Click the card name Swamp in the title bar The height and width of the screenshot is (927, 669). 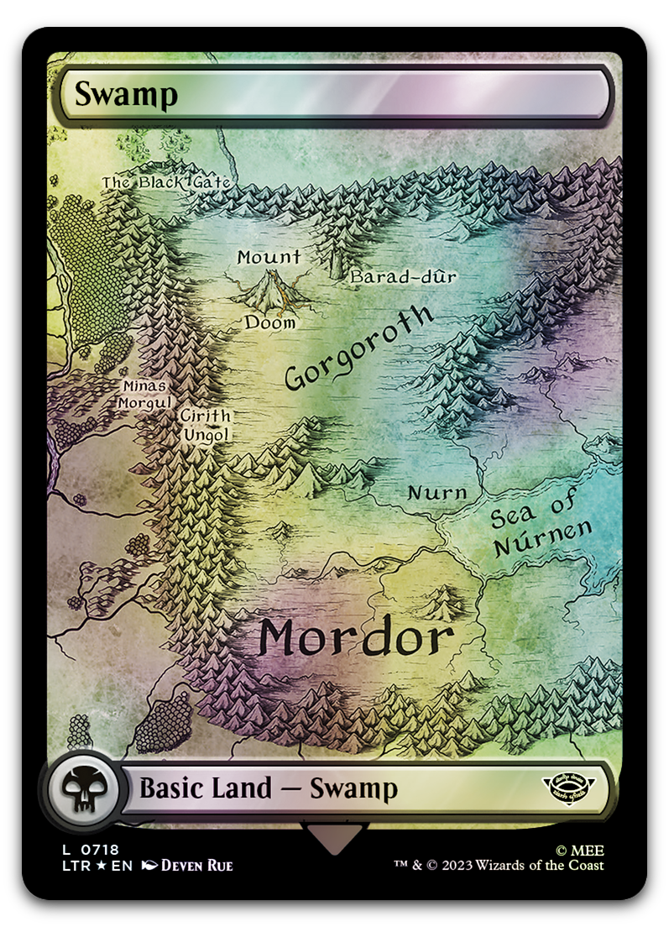click(x=126, y=94)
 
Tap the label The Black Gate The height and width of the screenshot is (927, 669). click(x=166, y=182)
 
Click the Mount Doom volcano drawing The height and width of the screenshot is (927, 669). click(x=270, y=291)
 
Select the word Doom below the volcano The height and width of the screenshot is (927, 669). click(x=270, y=322)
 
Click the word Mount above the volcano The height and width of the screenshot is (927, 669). click(x=269, y=257)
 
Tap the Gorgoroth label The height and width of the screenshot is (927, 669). click(x=359, y=348)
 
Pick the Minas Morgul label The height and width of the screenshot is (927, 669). click(x=146, y=394)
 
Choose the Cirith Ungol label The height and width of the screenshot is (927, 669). click(x=206, y=425)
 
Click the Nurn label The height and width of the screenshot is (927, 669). click(x=436, y=493)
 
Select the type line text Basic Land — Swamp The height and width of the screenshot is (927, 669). click(x=268, y=788)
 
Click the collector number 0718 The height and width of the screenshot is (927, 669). click(x=101, y=850)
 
